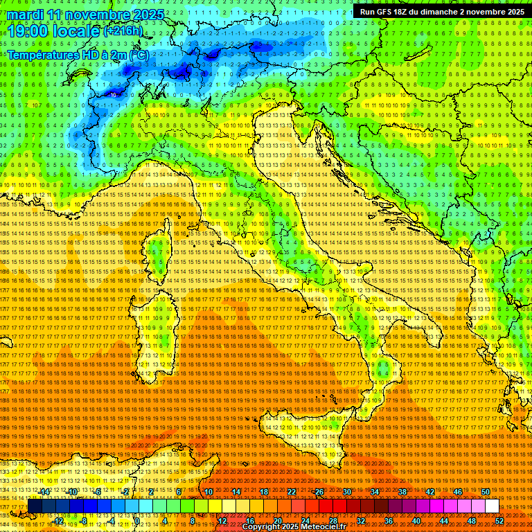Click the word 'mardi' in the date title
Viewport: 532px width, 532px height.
(x=26, y=15)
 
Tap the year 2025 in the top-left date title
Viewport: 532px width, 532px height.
(x=148, y=15)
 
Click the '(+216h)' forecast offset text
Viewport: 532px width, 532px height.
(x=123, y=31)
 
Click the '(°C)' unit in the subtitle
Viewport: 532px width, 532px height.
(x=138, y=54)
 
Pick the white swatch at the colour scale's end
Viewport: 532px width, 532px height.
(x=492, y=506)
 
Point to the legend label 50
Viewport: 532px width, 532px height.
(x=486, y=492)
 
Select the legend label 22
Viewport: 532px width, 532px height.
(x=292, y=492)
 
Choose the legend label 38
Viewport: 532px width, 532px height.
(x=402, y=492)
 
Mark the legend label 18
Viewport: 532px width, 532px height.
(x=264, y=492)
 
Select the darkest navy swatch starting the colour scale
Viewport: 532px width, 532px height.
(x=35, y=506)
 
